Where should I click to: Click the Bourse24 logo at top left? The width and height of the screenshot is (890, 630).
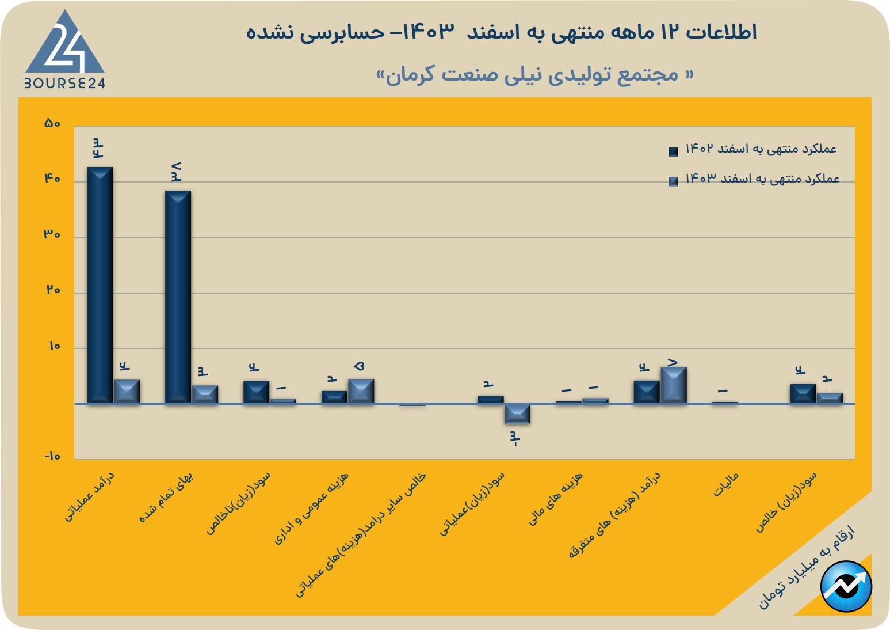point(64,51)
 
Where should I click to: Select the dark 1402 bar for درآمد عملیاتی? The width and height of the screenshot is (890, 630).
point(100,284)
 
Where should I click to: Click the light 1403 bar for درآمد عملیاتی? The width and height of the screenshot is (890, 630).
point(127,391)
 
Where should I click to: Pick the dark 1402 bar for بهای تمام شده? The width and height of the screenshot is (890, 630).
point(178,296)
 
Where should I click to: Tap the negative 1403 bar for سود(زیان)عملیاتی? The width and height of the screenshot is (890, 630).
point(517,413)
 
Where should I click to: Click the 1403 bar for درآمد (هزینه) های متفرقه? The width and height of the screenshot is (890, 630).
point(673,385)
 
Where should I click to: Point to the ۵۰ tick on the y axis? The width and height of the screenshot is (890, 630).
point(52,123)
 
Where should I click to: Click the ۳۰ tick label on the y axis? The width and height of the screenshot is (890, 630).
point(52,234)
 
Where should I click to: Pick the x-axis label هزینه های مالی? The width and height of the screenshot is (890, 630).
point(556,498)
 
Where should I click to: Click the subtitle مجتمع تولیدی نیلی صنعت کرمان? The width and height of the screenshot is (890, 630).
point(535,75)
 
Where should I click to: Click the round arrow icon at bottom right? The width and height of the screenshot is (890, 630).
point(846,587)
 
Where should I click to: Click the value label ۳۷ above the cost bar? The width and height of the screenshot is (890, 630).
point(176,172)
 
